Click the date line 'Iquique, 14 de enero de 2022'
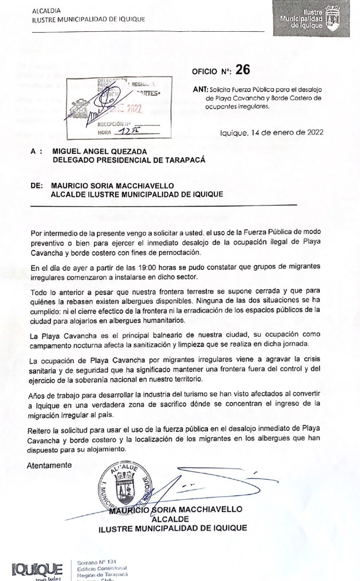click(x=271, y=134)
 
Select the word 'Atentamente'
click(x=48, y=465)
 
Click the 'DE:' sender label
click(x=37, y=185)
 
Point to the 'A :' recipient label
click(x=37, y=152)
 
